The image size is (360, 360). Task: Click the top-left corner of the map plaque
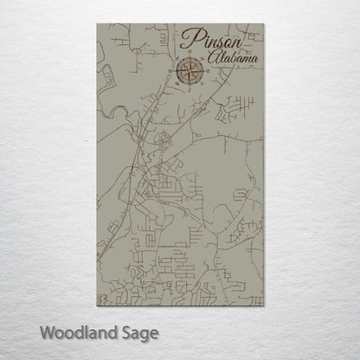point(91,24)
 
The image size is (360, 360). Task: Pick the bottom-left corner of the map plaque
point(91,307)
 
